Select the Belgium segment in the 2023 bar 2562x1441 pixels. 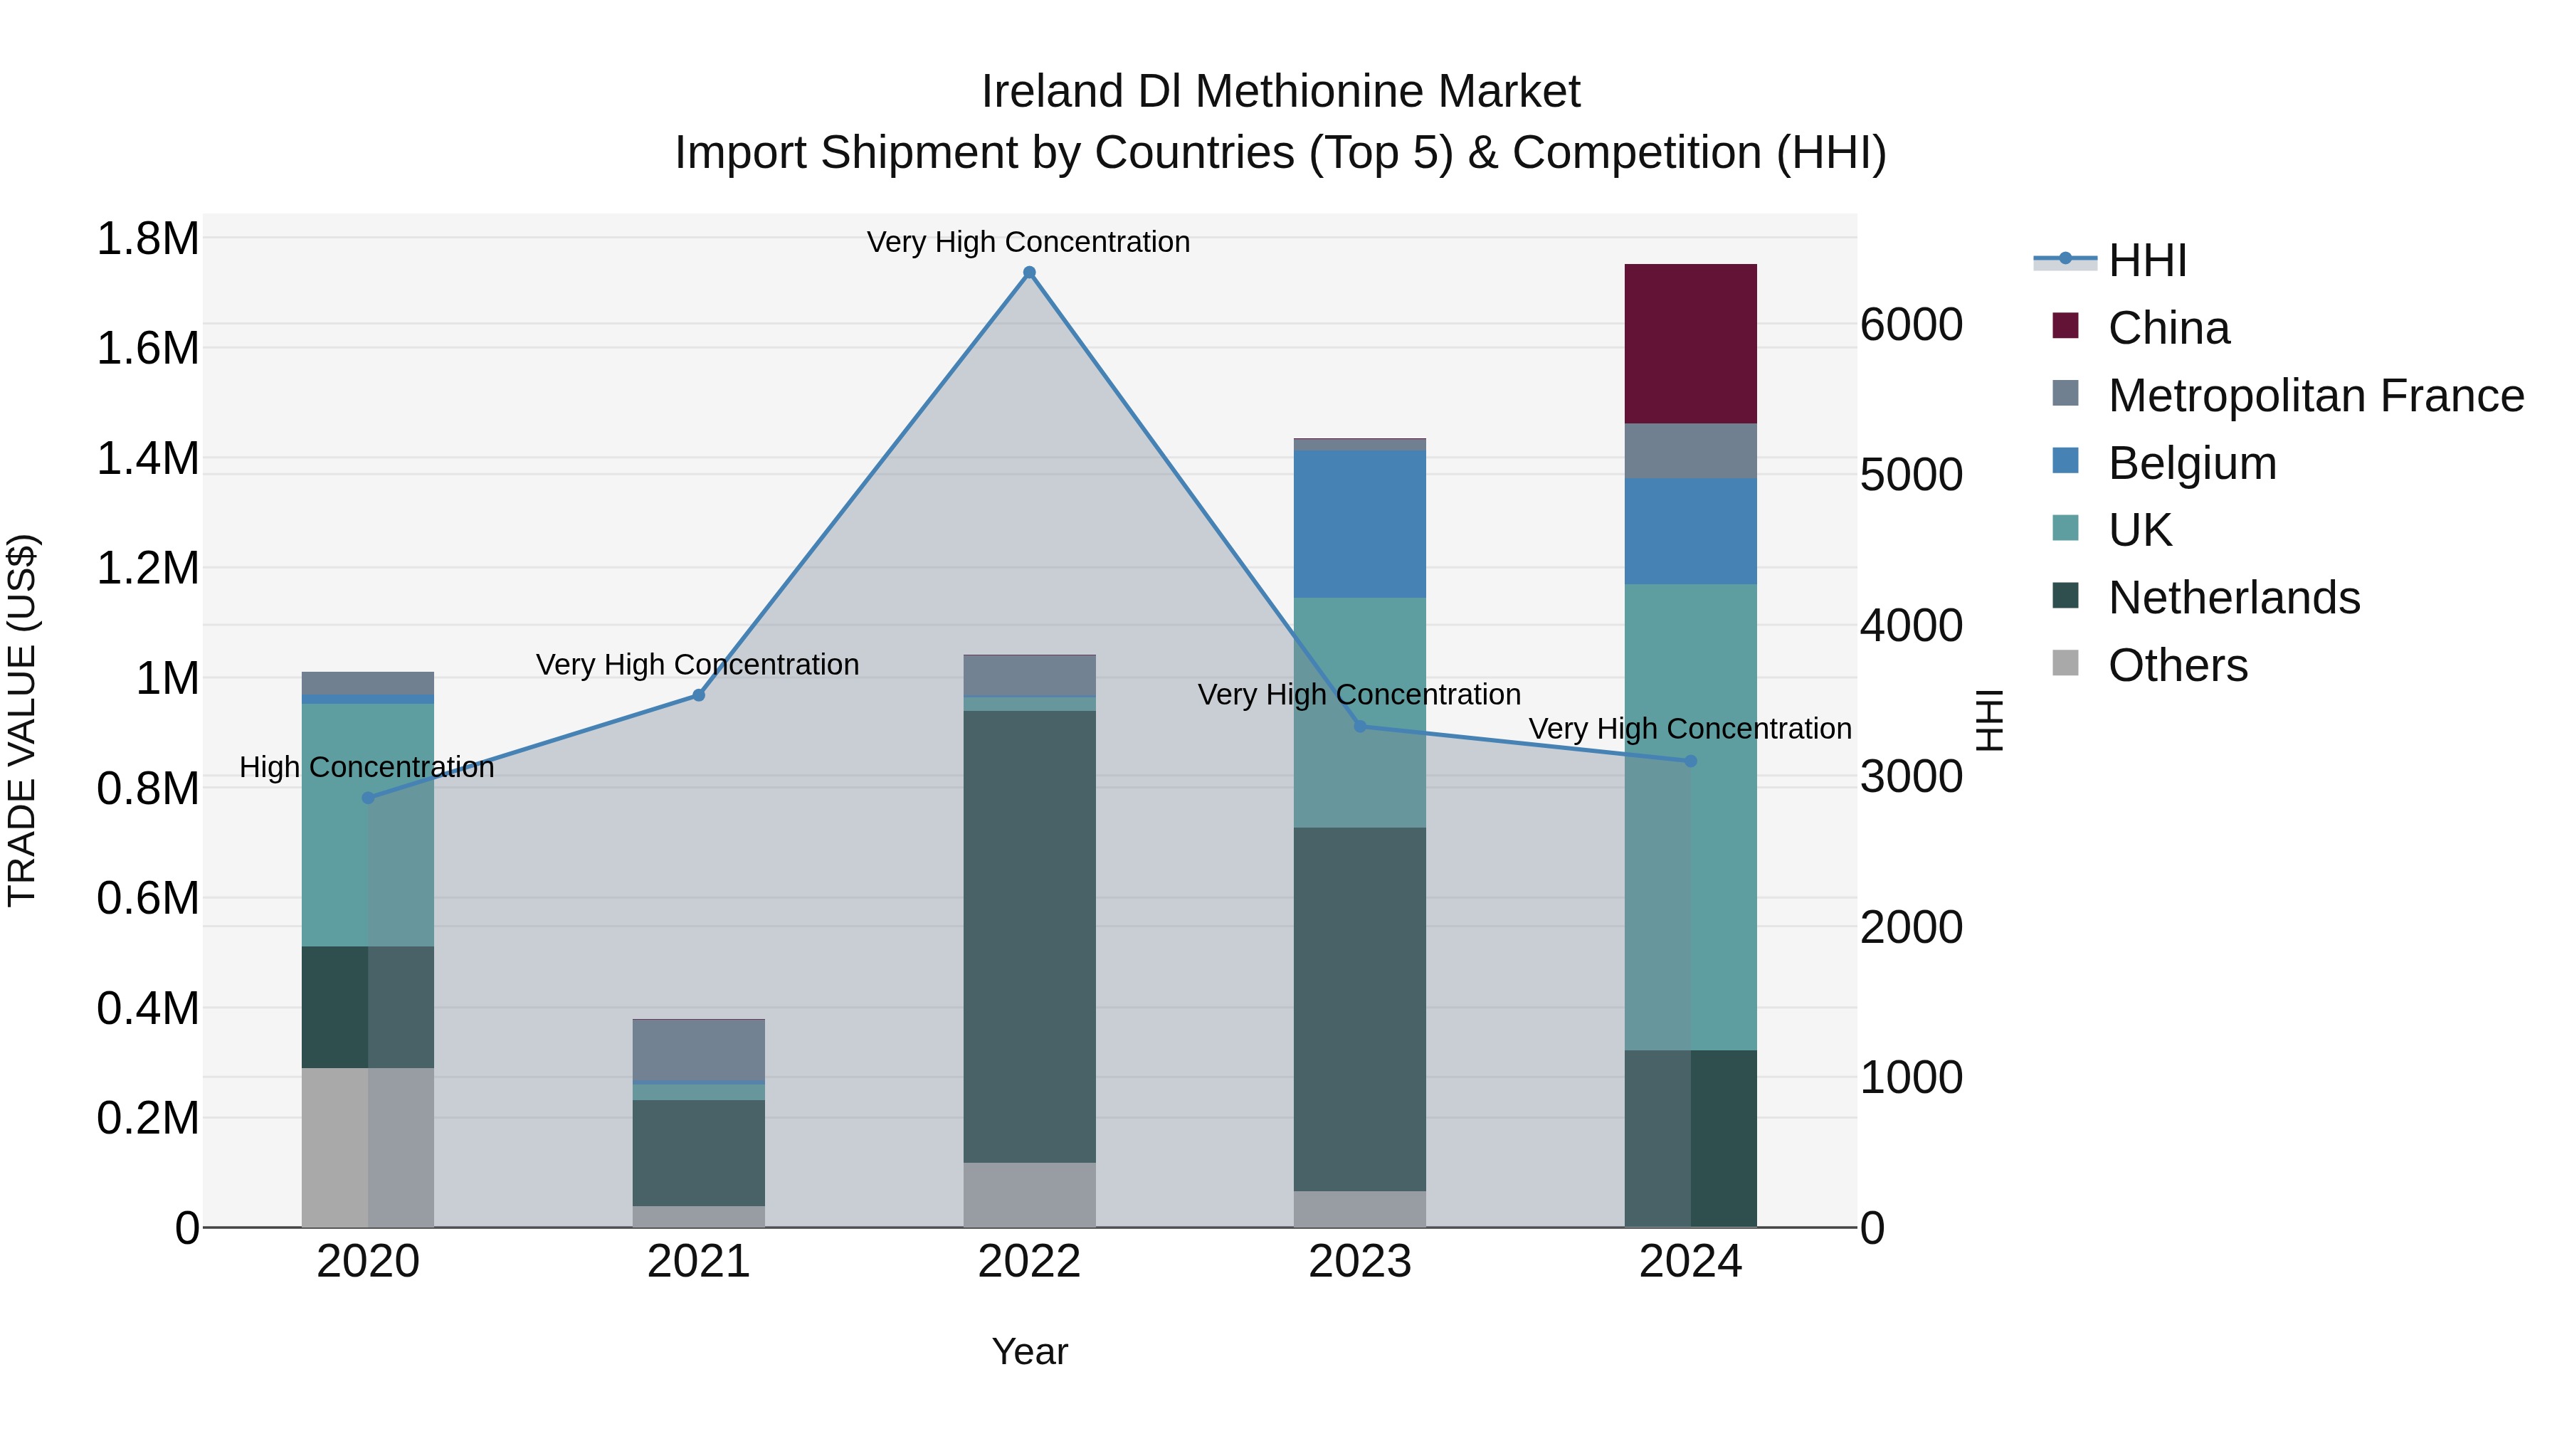click(1359, 523)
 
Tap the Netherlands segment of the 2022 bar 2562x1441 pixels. click(1029, 936)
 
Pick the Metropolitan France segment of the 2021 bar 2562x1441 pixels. click(698, 1049)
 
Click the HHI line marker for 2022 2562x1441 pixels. click(1029, 273)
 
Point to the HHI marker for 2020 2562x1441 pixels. click(368, 798)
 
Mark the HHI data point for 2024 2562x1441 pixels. click(1691, 761)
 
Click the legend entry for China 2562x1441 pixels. click(2168, 328)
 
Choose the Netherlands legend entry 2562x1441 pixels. click(2232, 598)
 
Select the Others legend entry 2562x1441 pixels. click(2177, 665)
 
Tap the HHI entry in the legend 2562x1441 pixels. click(2146, 260)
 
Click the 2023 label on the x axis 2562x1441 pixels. click(1359, 1262)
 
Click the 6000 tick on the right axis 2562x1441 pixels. click(1911, 325)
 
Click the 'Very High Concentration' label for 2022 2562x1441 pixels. click(1028, 242)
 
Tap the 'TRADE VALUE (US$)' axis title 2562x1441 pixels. click(22, 720)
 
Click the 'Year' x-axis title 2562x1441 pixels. click(1029, 1351)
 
